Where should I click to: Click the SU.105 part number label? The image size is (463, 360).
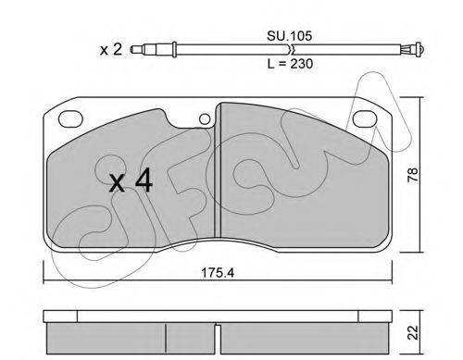[289, 36]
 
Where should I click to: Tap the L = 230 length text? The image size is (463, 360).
[290, 64]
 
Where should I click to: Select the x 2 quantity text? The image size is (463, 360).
[111, 50]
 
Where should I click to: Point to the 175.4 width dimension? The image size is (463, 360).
[218, 273]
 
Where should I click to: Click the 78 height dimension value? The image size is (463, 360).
[413, 175]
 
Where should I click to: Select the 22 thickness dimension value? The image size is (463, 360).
[413, 332]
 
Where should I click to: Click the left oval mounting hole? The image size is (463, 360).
[70, 118]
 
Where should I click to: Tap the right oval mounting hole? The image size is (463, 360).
[365, 118]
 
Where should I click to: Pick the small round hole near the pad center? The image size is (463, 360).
[205, 119]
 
